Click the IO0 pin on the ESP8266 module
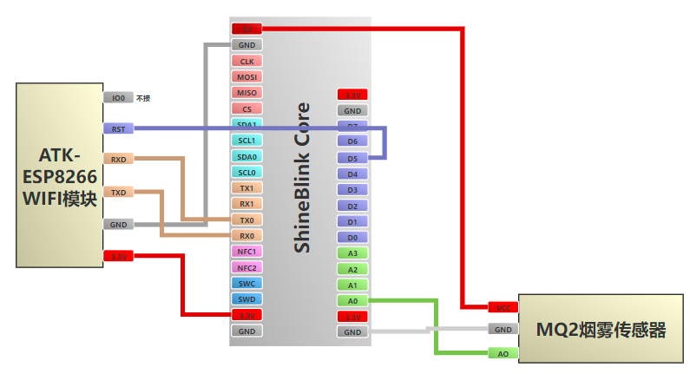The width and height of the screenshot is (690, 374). [118, 98]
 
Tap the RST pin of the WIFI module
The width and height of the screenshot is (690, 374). [118, 128]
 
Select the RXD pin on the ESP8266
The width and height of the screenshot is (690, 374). [118, 159]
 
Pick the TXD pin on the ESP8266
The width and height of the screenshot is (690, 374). [118, 192]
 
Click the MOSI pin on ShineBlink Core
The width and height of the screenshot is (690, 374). [246, 76]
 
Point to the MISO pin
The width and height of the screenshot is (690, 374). [246, 92]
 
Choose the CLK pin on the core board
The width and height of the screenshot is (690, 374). [246, 61]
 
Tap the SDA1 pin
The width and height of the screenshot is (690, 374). [246, 124]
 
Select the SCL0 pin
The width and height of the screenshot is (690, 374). [246, 172]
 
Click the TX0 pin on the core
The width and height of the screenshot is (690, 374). [246, 220]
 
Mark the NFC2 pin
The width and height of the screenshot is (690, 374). [246, 267]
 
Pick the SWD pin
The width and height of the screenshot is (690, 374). [246, 299]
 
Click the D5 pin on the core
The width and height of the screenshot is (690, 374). [352, 158]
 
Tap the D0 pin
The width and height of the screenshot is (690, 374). [352, 237]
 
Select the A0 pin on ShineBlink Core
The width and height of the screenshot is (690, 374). [352, 300]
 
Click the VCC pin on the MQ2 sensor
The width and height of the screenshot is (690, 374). [503, 307]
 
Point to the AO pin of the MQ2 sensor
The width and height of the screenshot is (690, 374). [503, 353]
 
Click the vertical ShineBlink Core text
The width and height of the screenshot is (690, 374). [302, 178]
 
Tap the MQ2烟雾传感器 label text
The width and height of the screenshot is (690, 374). [601, 330]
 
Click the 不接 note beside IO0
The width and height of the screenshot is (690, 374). [143, 99]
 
